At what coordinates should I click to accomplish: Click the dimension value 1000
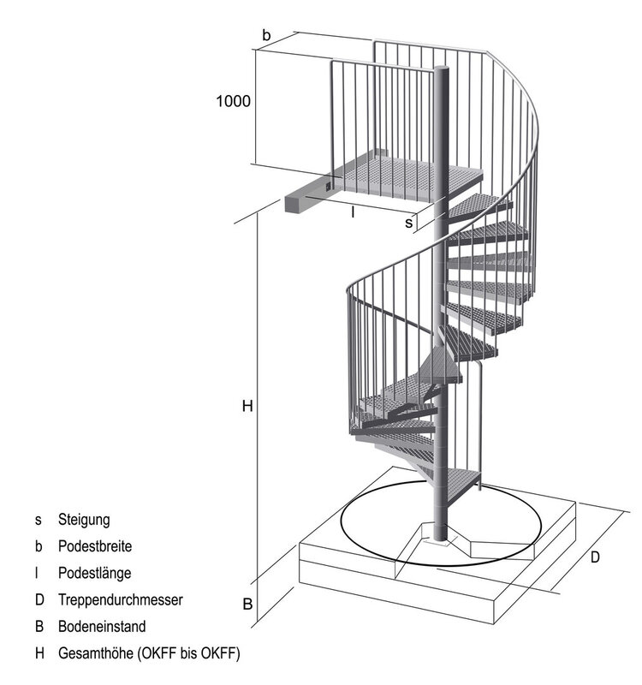pyautogui.click(x=233, y=101)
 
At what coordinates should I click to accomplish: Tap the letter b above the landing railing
pyautogui.click(x=266, y=35)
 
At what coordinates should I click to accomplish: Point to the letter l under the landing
pyautogui.click(x=353, y=212)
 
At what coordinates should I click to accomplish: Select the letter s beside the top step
pyautogui.click(x=408, y=223)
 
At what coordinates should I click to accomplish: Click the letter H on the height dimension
pyautogui.click(x=247, y=406)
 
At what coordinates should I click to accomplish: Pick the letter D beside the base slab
pyautogui.click(x=595, y=557)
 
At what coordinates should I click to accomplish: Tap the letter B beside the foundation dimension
pyautogui.click(x=247, y=605)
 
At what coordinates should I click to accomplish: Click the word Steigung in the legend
pyautogui.click(x=84, y=520)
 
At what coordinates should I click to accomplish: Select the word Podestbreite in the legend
pyautogui.click(x=95, y=546)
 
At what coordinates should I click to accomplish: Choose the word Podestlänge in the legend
pyautogui.click(x=95, y=573)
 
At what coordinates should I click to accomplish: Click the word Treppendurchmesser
pyautogui.click(x=121, y=600)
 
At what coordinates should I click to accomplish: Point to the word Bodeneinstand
pyautogui.click(x=102, y=627)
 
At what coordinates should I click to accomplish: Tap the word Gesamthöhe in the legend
pyautogui.click(x=96, y=653)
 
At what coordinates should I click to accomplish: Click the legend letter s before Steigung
pyautogui.click(x=39, y=521)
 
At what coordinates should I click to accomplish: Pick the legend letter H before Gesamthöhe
pyautogui.click(x=39, y=653)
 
